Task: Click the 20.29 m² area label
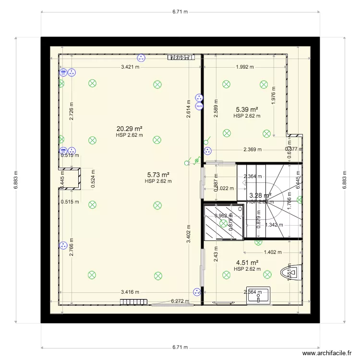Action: pyautogui.click(x=130, y=129)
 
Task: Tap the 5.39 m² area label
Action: pyautogui.click(x=247, y=109)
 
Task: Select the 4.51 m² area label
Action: pyautogui.click(x=247, y=263)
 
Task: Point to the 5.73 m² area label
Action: pyautogui.click(x=158, y=175)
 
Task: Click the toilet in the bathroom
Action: pyautogui.click(x=292, y=272)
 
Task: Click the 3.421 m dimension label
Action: pyautogui.click(x=130, y=67)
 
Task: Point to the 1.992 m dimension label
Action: pyautogui.click(x=245, y=67)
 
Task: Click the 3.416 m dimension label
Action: pyautogui.click(x=130, y=291)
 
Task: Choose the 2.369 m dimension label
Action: pyautogui.click(x=252, y=149)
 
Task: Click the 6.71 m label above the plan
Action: pyautogui.click(x=180, y=12)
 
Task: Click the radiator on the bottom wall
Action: pyautogui.click(x=129, y=302)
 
